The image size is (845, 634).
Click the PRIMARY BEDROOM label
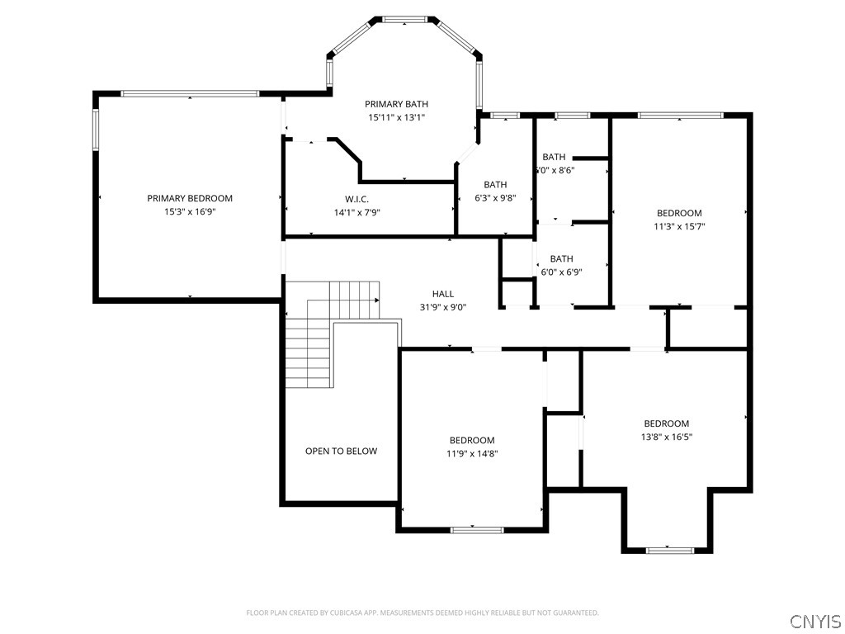[190, 198]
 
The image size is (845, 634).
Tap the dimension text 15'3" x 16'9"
[190, 212]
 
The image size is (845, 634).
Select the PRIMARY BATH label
[397, 104]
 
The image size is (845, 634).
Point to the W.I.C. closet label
[356, 199]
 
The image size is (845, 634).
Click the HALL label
[443, 294]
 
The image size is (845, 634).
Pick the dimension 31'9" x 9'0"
[443, 308]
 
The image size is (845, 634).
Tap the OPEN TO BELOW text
[341, 451]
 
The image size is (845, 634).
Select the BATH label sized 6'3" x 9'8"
[495, 185]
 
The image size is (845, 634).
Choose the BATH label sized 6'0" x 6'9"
[561, 258]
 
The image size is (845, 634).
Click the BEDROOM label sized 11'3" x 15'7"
[679, 213]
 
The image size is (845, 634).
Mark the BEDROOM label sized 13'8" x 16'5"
[666, 423]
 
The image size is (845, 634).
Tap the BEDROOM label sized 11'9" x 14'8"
[472, 440]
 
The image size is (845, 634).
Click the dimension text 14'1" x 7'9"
[356, 212]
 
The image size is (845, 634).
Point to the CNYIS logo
[814, 621]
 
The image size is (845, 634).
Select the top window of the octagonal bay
[404, 19]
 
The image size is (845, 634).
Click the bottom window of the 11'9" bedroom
[477, 529]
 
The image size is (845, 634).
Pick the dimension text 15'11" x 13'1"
[397, 117]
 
